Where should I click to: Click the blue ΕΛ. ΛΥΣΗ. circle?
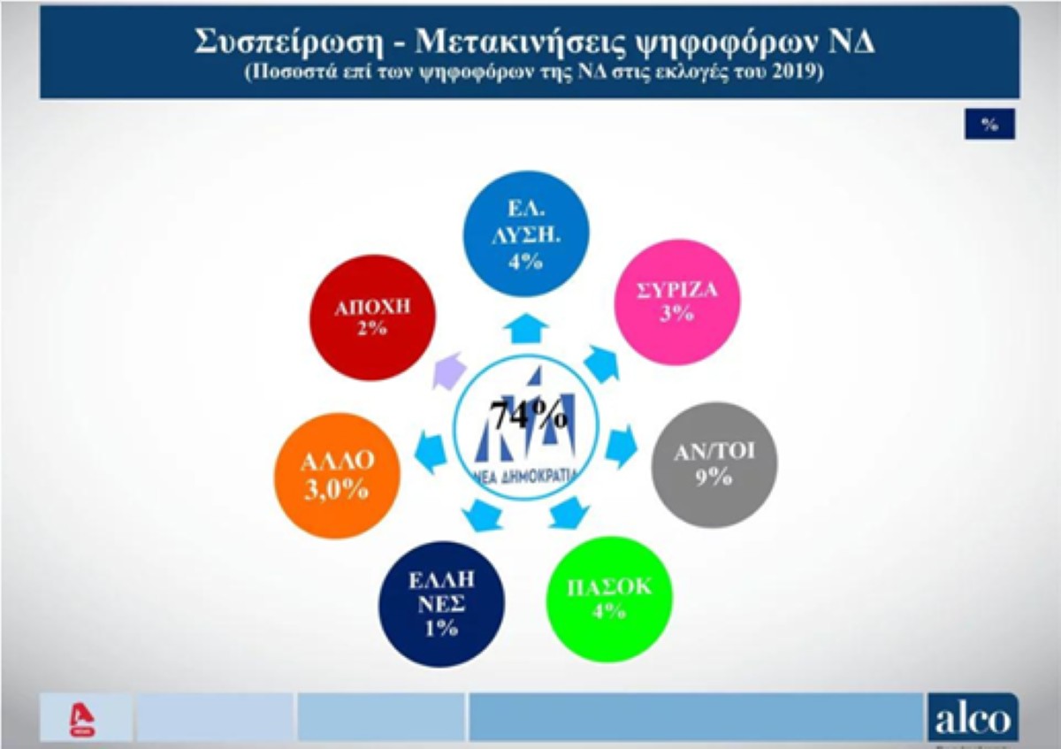coord(526,234)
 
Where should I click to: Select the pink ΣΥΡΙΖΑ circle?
coord(677,302)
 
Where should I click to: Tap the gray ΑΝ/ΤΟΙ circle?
coord(714,465)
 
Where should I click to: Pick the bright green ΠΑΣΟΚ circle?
coord(609,600)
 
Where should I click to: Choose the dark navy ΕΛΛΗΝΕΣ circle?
coord(441,604)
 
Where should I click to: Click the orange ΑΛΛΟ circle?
coord(337,476)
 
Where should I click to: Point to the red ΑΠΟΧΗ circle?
coord(373,317)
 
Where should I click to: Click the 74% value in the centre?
coord(529,415)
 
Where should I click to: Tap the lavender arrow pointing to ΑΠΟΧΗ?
coord(448,371)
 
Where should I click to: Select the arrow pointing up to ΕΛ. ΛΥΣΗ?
coord(526,328)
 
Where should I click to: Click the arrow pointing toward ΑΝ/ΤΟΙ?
coord(621,447)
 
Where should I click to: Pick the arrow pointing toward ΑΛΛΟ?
coord(431,453)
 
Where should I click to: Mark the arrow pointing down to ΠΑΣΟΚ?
coord(569,513)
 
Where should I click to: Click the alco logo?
coord(973,717)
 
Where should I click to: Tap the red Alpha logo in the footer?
coord(82,720)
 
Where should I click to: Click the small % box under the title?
coord(989,124)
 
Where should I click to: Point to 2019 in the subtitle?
coord(798,72)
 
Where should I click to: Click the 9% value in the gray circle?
coord(714,477)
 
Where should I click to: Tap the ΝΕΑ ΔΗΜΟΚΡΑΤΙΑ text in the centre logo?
coord(526,476)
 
